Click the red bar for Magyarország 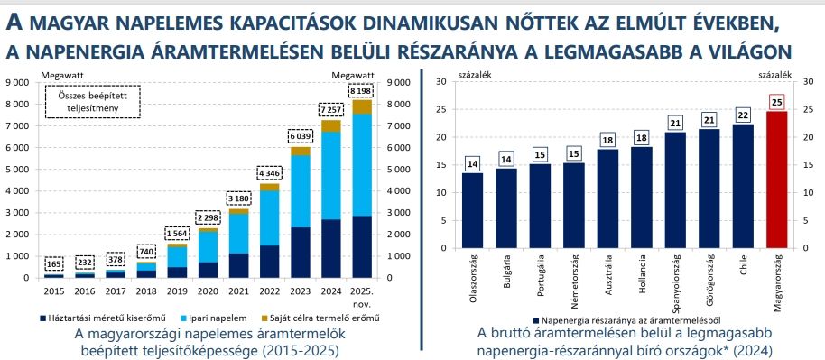click(x=776, y=180)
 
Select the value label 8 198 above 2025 click(x=361, y=90)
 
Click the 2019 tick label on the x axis click(x=177, y=291)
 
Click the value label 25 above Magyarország click(x=776, y=102)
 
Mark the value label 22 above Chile click(x=742, y=115)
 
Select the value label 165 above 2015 click(x=54, y=264)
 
